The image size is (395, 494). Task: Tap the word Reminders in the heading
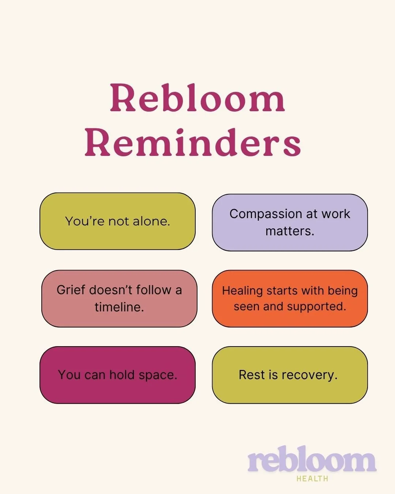tap(193, 142)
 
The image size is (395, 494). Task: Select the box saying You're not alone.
tap(117, 221)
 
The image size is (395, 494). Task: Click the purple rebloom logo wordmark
tap(312, 460)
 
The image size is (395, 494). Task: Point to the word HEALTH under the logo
tap(312, 479)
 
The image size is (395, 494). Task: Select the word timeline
tap(119, 307)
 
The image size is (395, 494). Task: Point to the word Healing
tap(242, 291)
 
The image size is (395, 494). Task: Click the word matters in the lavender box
tap(290, 231)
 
